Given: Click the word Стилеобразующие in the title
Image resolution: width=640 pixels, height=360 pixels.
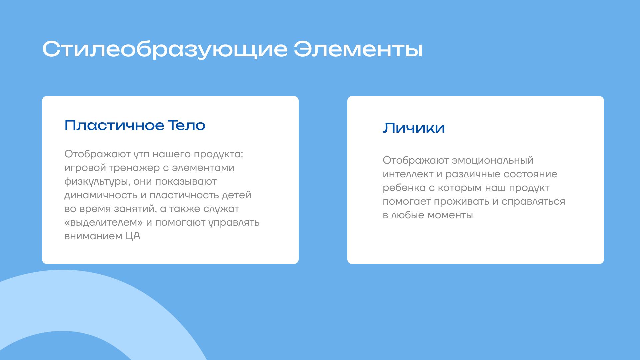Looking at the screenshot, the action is [x=165, y=50].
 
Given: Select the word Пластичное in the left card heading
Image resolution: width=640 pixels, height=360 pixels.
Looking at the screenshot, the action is [x=114, y=125].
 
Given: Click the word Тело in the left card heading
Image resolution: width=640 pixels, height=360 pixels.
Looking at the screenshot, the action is [x=186, y=125].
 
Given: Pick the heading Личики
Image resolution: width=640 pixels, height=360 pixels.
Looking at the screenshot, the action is [x=414, y=128].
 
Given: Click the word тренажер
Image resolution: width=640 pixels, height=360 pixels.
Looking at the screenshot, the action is [x=134, y=168].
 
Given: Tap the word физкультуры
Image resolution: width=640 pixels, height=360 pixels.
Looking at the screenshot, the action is [x=97, y=182].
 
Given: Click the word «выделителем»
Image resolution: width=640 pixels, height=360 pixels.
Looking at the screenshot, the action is [x=103, y=222].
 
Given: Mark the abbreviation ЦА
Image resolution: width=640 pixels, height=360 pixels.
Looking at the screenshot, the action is [x=133, y=236].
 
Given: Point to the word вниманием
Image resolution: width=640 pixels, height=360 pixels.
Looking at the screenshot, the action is [x=93, y=236].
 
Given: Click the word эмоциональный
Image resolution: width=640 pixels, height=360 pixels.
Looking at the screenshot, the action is [x=492, y=160].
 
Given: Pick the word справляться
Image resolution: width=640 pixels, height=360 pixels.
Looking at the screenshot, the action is [x=533, y=202].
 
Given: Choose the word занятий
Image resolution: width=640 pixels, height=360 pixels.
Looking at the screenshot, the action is [x=135, y=209].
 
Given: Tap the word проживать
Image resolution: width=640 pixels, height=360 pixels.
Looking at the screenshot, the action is [x=462, y=202].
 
